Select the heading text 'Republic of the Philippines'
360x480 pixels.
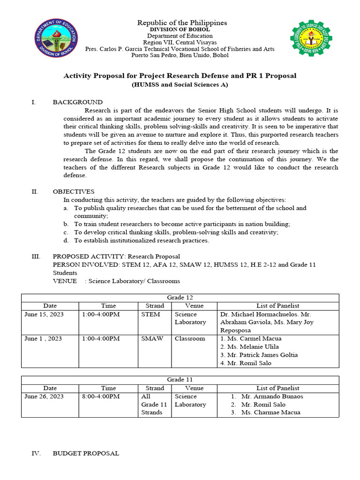coord(181,22)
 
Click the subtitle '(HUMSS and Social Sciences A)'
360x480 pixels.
coord(180,84)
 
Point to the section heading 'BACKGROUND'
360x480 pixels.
coord(78,102)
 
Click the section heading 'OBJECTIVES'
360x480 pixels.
coord(74,191)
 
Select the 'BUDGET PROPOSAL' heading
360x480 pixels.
coord(86,453)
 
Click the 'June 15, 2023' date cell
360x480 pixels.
coord(44,315)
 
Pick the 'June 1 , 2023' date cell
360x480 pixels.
coord(44,338)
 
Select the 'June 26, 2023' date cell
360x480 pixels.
coord(44,397)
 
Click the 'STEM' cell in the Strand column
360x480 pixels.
coord(150,315)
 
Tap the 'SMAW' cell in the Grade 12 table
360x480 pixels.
coord(152,338)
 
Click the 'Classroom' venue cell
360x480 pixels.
coord(189,338)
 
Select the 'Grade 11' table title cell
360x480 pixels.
coord(180,380)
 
